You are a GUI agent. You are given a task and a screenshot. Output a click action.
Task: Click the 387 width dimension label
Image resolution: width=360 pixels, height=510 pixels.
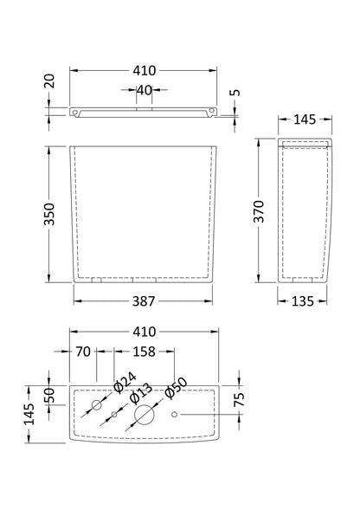[x=144, y=301]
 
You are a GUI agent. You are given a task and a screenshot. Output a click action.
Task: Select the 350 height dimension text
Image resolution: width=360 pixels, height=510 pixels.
[x=49, y=214]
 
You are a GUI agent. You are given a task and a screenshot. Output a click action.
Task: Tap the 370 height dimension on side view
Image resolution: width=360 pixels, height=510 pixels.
[x=260, y=211]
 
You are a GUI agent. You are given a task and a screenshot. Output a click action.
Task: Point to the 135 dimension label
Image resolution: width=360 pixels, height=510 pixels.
[x=302, y=301]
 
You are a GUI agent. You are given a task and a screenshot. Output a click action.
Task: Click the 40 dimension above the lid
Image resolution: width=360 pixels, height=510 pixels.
[x=144, y=90]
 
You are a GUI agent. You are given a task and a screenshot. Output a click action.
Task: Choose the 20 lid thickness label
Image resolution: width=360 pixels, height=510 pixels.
[x=49, y=81]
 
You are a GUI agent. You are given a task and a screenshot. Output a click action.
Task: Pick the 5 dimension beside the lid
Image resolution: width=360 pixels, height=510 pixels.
[x=235, y=93]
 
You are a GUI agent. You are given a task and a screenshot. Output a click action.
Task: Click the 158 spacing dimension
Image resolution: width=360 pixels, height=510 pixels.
[x=144, y=352]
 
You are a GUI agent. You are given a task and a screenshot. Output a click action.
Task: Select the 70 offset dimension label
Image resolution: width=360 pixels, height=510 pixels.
[x=83, y=352]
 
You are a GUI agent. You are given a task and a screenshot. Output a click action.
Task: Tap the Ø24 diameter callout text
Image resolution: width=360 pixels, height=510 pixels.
[x=125, y=383]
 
